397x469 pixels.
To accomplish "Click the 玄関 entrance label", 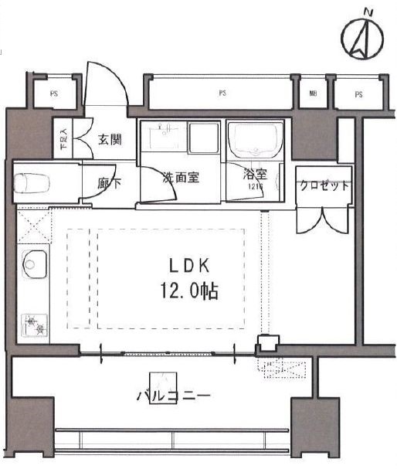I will click(109, 140).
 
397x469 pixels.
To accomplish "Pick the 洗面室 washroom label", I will click(180, 177).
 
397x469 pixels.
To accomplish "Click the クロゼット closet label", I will click(324, 186).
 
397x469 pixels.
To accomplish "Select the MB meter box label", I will click(313, 94).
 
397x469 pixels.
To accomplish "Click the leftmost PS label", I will click(53, 94).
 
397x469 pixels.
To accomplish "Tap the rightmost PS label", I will click(358, 94).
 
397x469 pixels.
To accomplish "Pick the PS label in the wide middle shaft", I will click(222, 94).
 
